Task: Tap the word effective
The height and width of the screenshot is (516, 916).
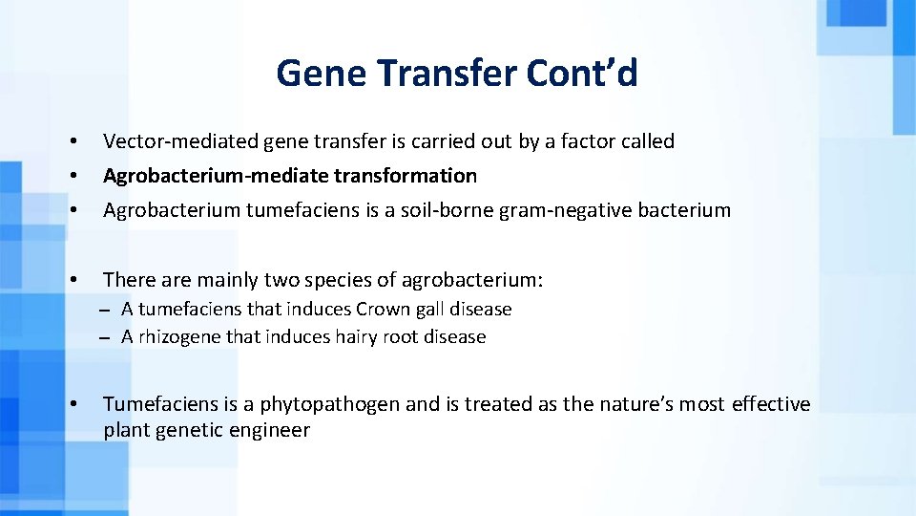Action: pos(771,404)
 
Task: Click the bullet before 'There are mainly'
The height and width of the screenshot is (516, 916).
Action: pos(73,280)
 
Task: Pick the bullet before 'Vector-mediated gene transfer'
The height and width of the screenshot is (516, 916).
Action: pos(73,141)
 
